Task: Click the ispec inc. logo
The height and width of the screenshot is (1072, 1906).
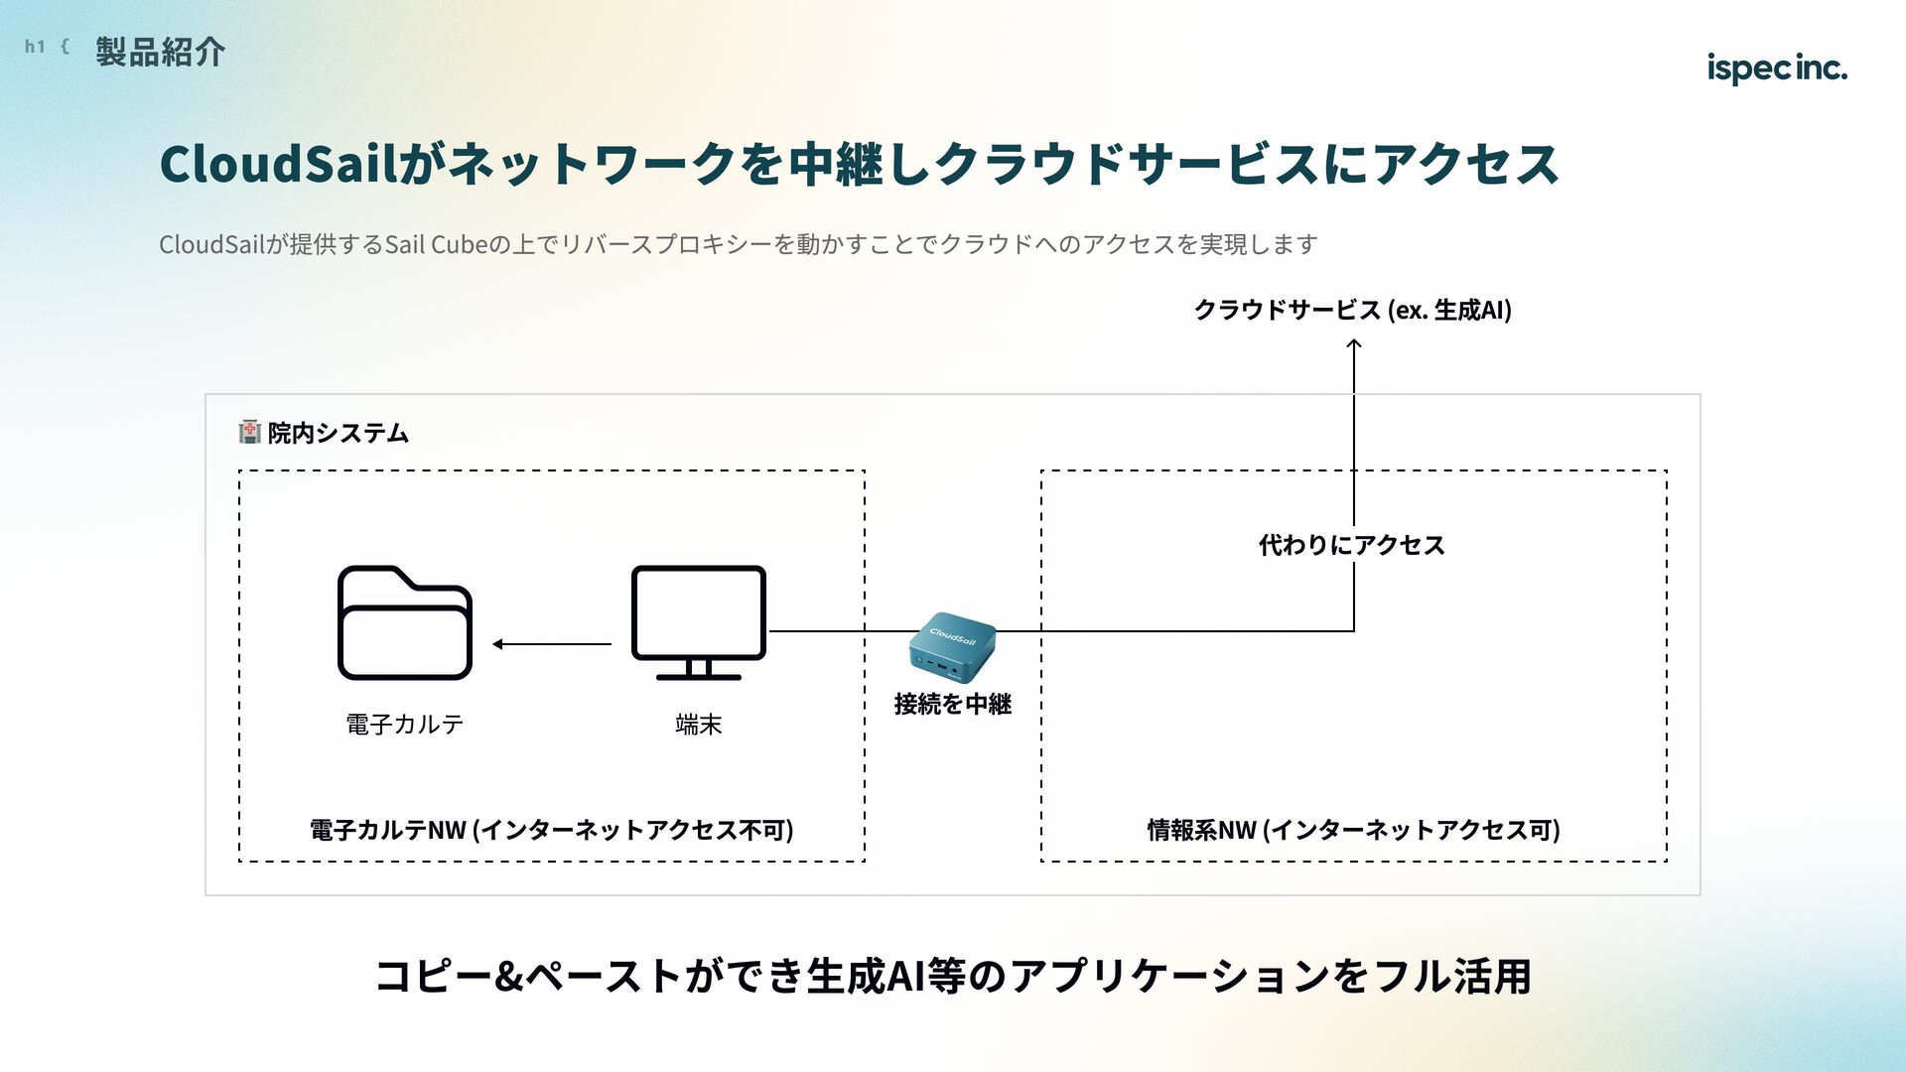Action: (x=1776, y=67)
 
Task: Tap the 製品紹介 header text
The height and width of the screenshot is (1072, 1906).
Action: (x=161, y=52)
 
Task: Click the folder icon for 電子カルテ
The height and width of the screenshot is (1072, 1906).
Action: (x=404, y=623)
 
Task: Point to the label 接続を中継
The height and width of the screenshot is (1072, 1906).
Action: (x=952, y=704)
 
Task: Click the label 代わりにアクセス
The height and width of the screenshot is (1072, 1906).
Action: (x=1351, y=545)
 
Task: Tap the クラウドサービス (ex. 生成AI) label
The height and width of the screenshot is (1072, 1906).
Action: (x=1352, y=310)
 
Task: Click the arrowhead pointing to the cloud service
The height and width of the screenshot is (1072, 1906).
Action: (x=1353, y=344)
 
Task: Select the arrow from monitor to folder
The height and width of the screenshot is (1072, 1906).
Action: (x=552, y=644)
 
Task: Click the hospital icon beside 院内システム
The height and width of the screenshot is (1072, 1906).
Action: (x=250, y=432)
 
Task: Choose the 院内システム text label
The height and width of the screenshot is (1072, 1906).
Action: (x=338, y=433)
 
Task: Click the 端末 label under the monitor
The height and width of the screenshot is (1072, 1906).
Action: (x=698, y=725)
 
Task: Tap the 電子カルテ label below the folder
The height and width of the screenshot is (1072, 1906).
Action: (x=404, y=725)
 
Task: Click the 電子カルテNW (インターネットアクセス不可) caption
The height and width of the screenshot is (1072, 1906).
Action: (x=551, y=830)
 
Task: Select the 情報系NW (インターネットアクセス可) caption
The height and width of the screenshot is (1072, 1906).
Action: (x=1353, y=830)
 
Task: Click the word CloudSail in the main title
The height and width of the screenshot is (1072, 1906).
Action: (x=279, y=164)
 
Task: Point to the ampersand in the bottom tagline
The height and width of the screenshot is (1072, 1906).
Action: (x=507, y=977)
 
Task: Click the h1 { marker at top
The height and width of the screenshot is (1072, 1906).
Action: (x=47, y=47)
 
